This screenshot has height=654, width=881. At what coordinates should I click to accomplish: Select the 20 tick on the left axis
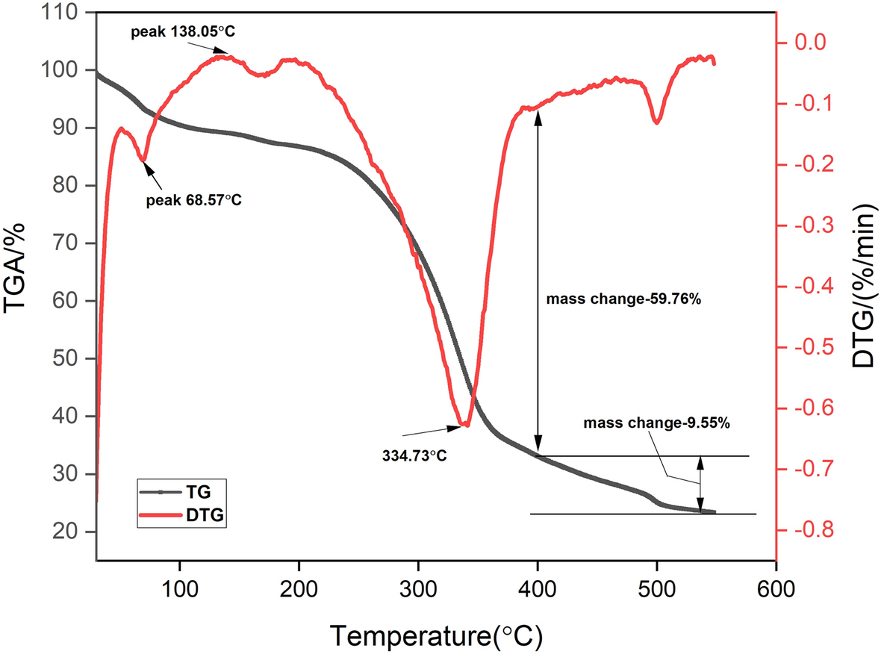[75, 532]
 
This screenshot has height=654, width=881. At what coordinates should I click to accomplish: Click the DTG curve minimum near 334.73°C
[465, 425]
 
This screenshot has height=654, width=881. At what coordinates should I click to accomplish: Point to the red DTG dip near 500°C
[656, 122]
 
